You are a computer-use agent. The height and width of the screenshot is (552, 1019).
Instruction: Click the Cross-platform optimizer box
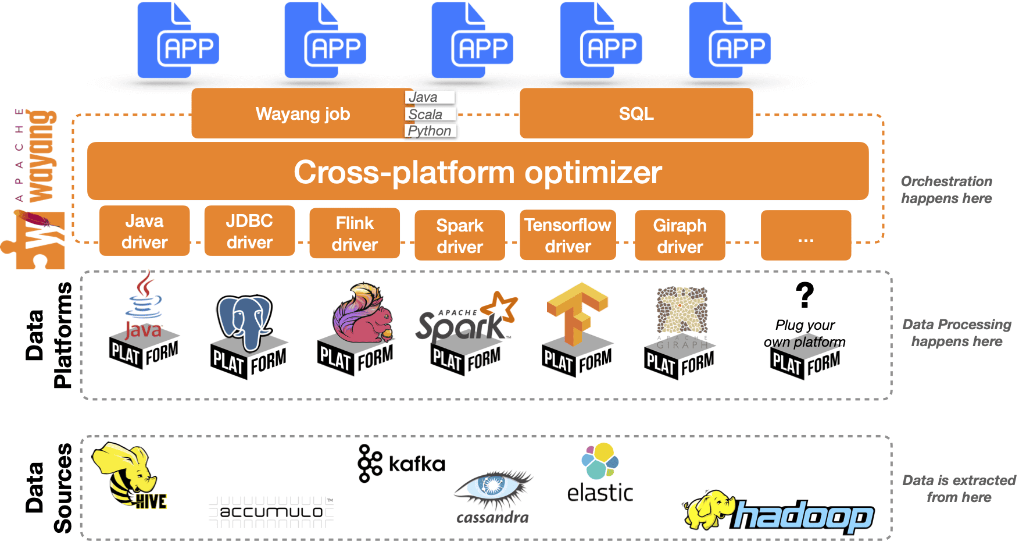(477, 172)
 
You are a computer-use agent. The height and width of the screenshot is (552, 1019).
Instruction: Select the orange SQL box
(636, 113)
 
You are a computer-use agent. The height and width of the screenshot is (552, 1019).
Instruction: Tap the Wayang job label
(302, 113)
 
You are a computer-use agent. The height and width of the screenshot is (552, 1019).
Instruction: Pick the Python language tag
(430, 131)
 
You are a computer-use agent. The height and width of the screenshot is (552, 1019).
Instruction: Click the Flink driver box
(355, 233)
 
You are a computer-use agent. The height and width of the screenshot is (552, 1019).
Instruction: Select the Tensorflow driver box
(567, 235)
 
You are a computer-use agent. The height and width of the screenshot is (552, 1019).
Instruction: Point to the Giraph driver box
(680, 236)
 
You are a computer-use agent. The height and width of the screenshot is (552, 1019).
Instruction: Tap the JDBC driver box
(249, 231)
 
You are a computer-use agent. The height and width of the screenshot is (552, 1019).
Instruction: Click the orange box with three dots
(806, 236)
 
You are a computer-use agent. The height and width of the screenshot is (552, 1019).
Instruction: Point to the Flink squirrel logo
(362, 314)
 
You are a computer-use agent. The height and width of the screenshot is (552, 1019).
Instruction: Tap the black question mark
(805, 295)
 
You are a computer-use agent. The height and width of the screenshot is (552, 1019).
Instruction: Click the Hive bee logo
(129, 475)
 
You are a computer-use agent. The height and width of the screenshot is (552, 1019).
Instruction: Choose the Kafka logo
(401, 464)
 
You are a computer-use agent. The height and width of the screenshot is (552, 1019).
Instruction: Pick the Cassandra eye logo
(493, 486)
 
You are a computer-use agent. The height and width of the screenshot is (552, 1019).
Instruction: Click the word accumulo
(271, 512)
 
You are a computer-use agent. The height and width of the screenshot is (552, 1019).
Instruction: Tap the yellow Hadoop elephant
(708, 510)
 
